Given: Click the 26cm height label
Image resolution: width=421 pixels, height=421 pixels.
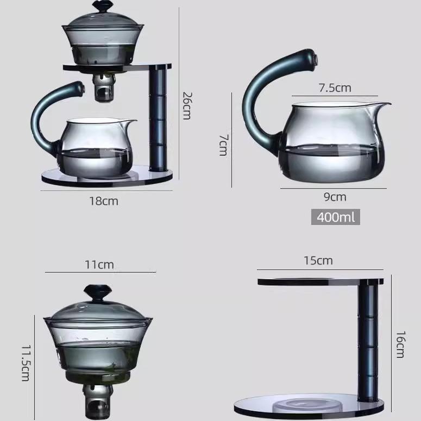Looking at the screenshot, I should pyautogui.click(x=186, y=105).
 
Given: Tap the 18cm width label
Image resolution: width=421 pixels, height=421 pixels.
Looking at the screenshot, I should pyautogui.click(x=104, y=201).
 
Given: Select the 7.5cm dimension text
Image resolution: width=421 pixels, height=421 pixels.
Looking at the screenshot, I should pyautogui.click(x=335, y=87).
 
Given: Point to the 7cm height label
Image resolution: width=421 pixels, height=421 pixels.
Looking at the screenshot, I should pyautogui.click(x=223, y=146).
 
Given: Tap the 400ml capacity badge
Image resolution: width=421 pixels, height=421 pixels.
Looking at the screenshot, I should pyautogui.click(x=335, y=217).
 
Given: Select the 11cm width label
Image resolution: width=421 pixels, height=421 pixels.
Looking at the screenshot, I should pyautogui.click(x=99, y=265).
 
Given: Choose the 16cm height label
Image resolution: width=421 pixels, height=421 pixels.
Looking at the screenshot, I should pyautogui.click(x=400, y=344).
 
